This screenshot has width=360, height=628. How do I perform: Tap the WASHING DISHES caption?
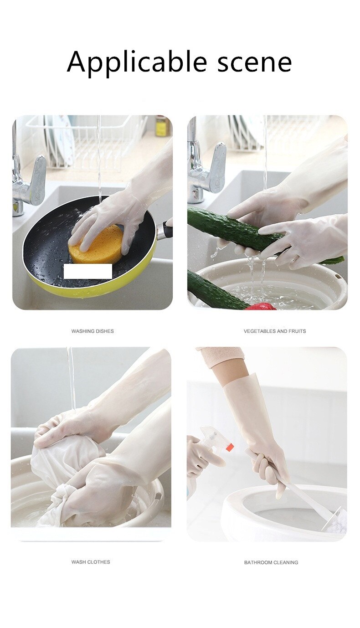(x=93, y=331)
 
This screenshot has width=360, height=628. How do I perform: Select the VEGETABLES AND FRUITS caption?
(x=275, y=331)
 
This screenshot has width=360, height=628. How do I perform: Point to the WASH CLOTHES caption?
(x=91, y=562)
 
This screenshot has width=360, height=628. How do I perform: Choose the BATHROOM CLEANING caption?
(x=271, y=562)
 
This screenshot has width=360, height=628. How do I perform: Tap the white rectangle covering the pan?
(x=88, y=271)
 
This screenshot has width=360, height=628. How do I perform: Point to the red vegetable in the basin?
(x=261, y=307)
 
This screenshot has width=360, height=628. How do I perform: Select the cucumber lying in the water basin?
(x=214, y=292)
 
